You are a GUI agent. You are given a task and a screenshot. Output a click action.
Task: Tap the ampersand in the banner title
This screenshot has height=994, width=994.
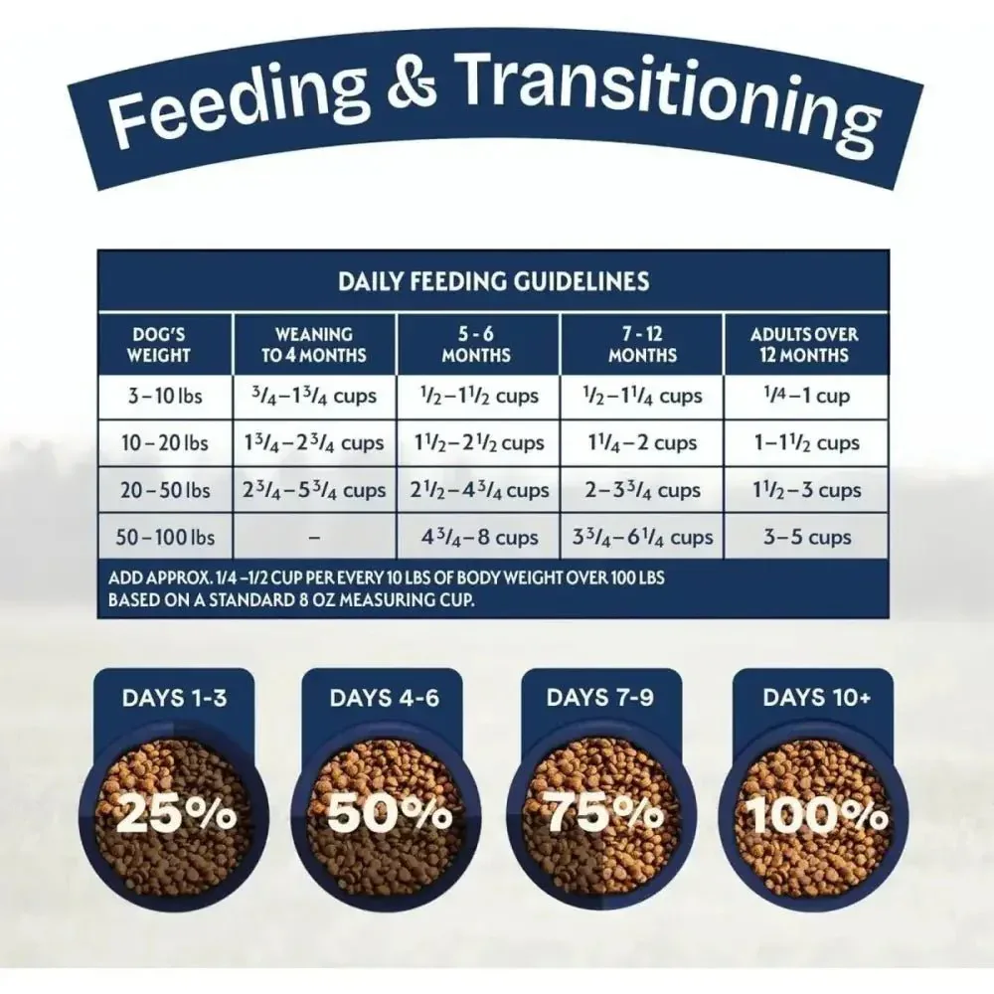(x=413, y=80)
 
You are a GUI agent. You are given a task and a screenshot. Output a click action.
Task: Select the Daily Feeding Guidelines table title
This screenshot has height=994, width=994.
(x=494, y=281)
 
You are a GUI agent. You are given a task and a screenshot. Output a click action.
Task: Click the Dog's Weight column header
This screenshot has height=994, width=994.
(x=158, y=344)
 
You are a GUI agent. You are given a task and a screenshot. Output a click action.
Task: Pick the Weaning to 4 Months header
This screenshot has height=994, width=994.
(x=314, y=344)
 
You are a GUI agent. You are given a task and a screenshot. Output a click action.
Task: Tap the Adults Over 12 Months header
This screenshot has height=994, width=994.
(x=804, y=344)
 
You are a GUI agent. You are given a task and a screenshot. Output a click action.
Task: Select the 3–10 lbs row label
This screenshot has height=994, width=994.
(x=165, y=397)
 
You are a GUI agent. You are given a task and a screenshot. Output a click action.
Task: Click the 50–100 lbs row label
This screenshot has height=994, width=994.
(x=165, y=538)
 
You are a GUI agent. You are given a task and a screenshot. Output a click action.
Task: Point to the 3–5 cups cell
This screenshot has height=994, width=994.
(x=806, y=538)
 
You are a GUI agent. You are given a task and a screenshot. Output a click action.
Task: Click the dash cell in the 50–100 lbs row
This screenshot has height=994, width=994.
(x=314, y=538)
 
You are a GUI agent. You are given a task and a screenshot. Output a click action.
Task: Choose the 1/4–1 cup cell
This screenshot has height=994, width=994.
(x=806, y=397)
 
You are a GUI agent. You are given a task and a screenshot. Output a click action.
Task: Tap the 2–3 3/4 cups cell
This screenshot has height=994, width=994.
(x=642, y=490)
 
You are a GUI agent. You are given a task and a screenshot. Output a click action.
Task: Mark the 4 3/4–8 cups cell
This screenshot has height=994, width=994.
(x=479, y=538)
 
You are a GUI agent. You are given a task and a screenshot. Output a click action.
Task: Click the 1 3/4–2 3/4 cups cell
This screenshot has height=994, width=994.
(x=314, y=442)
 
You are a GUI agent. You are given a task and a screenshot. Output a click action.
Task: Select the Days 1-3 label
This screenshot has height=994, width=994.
(x=174, y=698)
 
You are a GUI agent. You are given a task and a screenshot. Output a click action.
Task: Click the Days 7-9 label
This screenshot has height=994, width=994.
(x=599, y=698)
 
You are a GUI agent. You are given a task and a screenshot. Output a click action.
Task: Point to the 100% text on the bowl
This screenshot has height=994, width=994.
(x=816, y=814)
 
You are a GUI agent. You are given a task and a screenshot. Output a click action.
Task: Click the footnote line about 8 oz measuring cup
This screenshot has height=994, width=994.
(x=291, y=599)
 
